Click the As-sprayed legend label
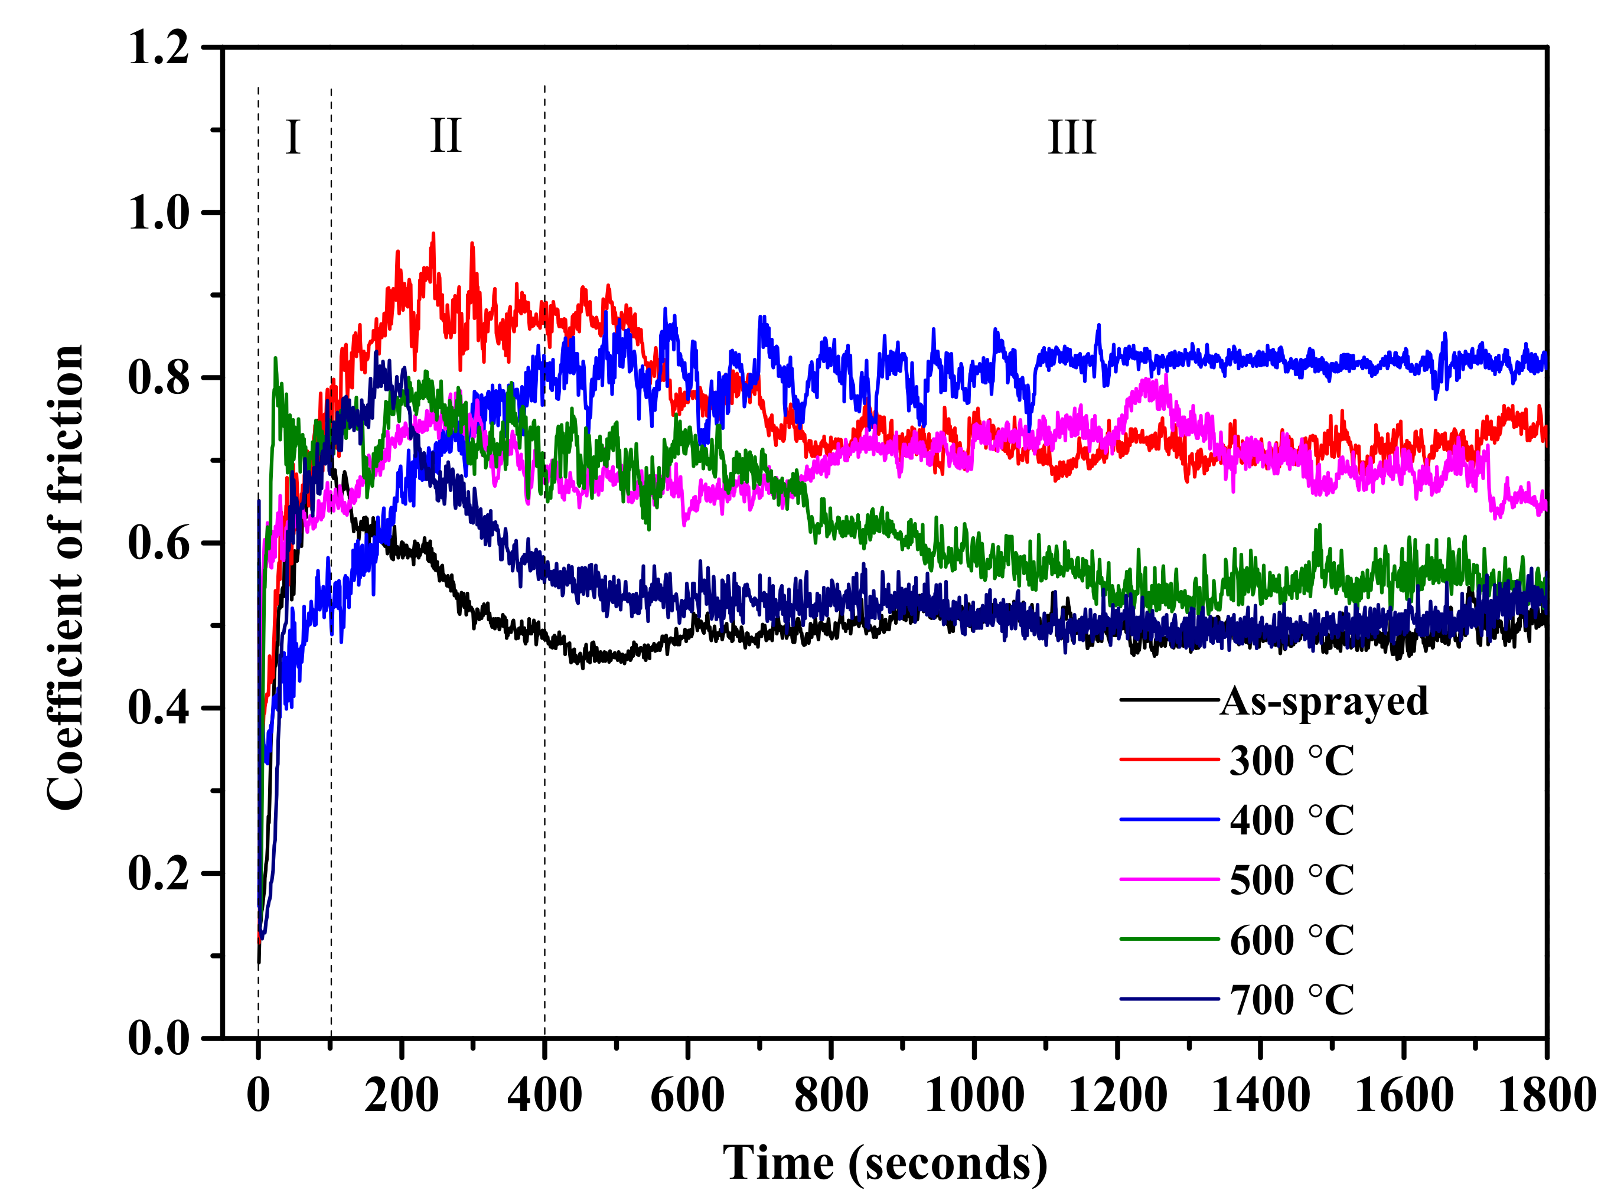1323,702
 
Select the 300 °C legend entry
1291,761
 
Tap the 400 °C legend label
1291,821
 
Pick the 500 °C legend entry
1291,881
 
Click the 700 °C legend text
1291,1000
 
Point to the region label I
293,137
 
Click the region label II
445,136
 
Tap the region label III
1071,137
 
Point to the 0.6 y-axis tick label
158,543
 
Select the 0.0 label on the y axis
158,1039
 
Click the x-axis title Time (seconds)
885,1163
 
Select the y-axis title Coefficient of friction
66,578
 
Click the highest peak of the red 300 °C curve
433,234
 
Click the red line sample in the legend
1169,761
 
